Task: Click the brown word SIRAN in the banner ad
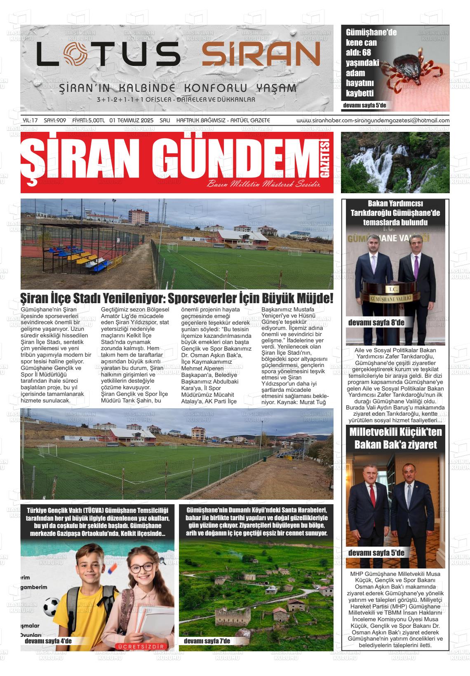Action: [x=261, y=54]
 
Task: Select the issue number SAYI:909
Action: [x=55, y=120]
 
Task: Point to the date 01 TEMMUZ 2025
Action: [x=132, y=120]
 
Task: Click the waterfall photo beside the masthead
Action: [x=395, y=162]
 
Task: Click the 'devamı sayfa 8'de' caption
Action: [x=376, y=323]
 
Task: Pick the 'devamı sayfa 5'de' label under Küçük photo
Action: [x=376, y=553]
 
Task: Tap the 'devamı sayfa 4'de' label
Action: [x=48, y=641]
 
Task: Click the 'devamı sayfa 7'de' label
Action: [x=207, y=641]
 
